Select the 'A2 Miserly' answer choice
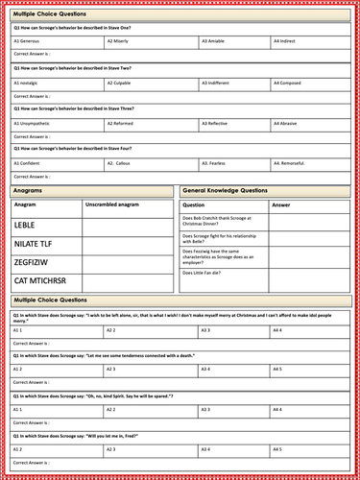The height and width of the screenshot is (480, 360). (121, 42)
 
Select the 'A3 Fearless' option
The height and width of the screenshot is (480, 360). (217, 163)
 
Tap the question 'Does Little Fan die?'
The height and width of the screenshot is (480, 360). (206, 274)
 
